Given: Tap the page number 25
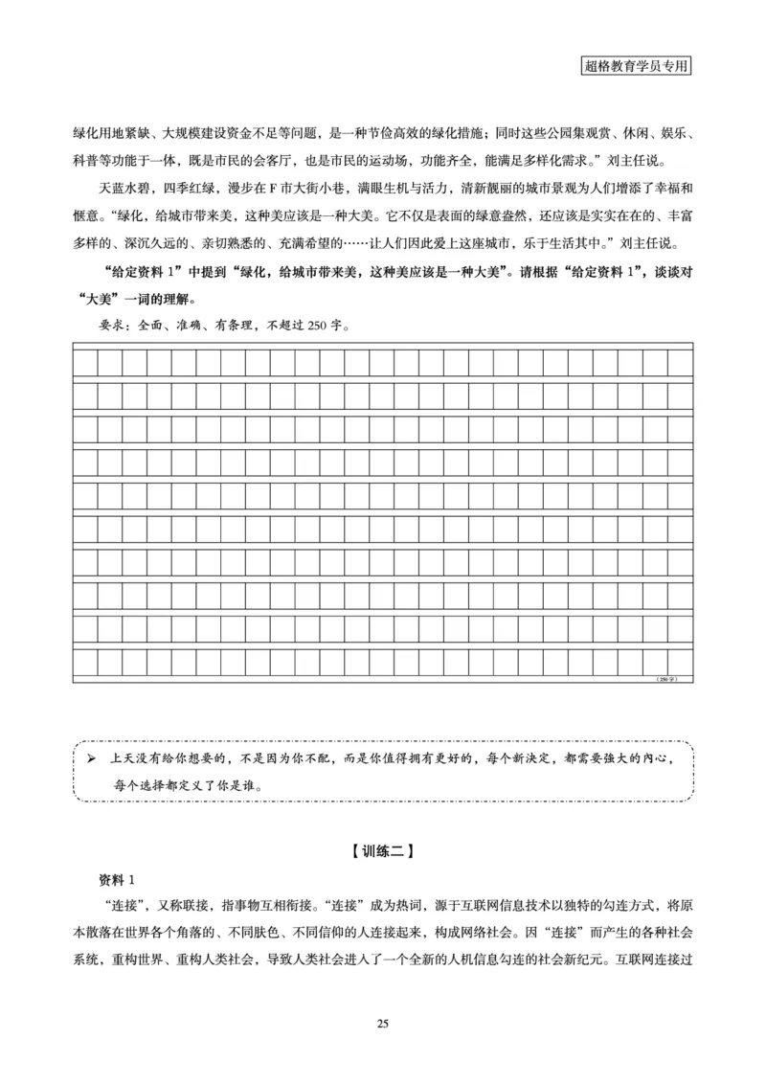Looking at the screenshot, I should click(x=382, y=1025).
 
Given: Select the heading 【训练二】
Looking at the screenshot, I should click(x=382, y=848).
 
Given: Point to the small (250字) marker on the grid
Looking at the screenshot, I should click(x=666, y=679).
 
